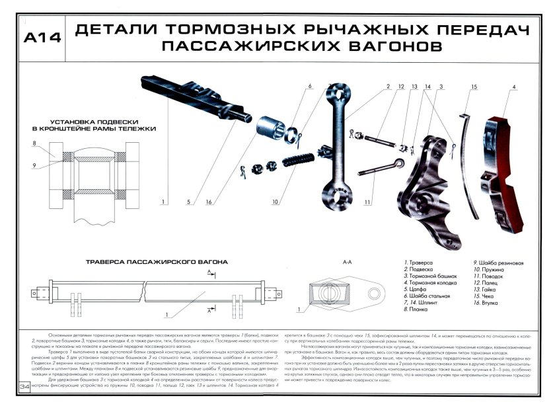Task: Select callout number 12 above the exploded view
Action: [x=401, y=86]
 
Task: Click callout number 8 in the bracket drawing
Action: [x=33, y=144]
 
